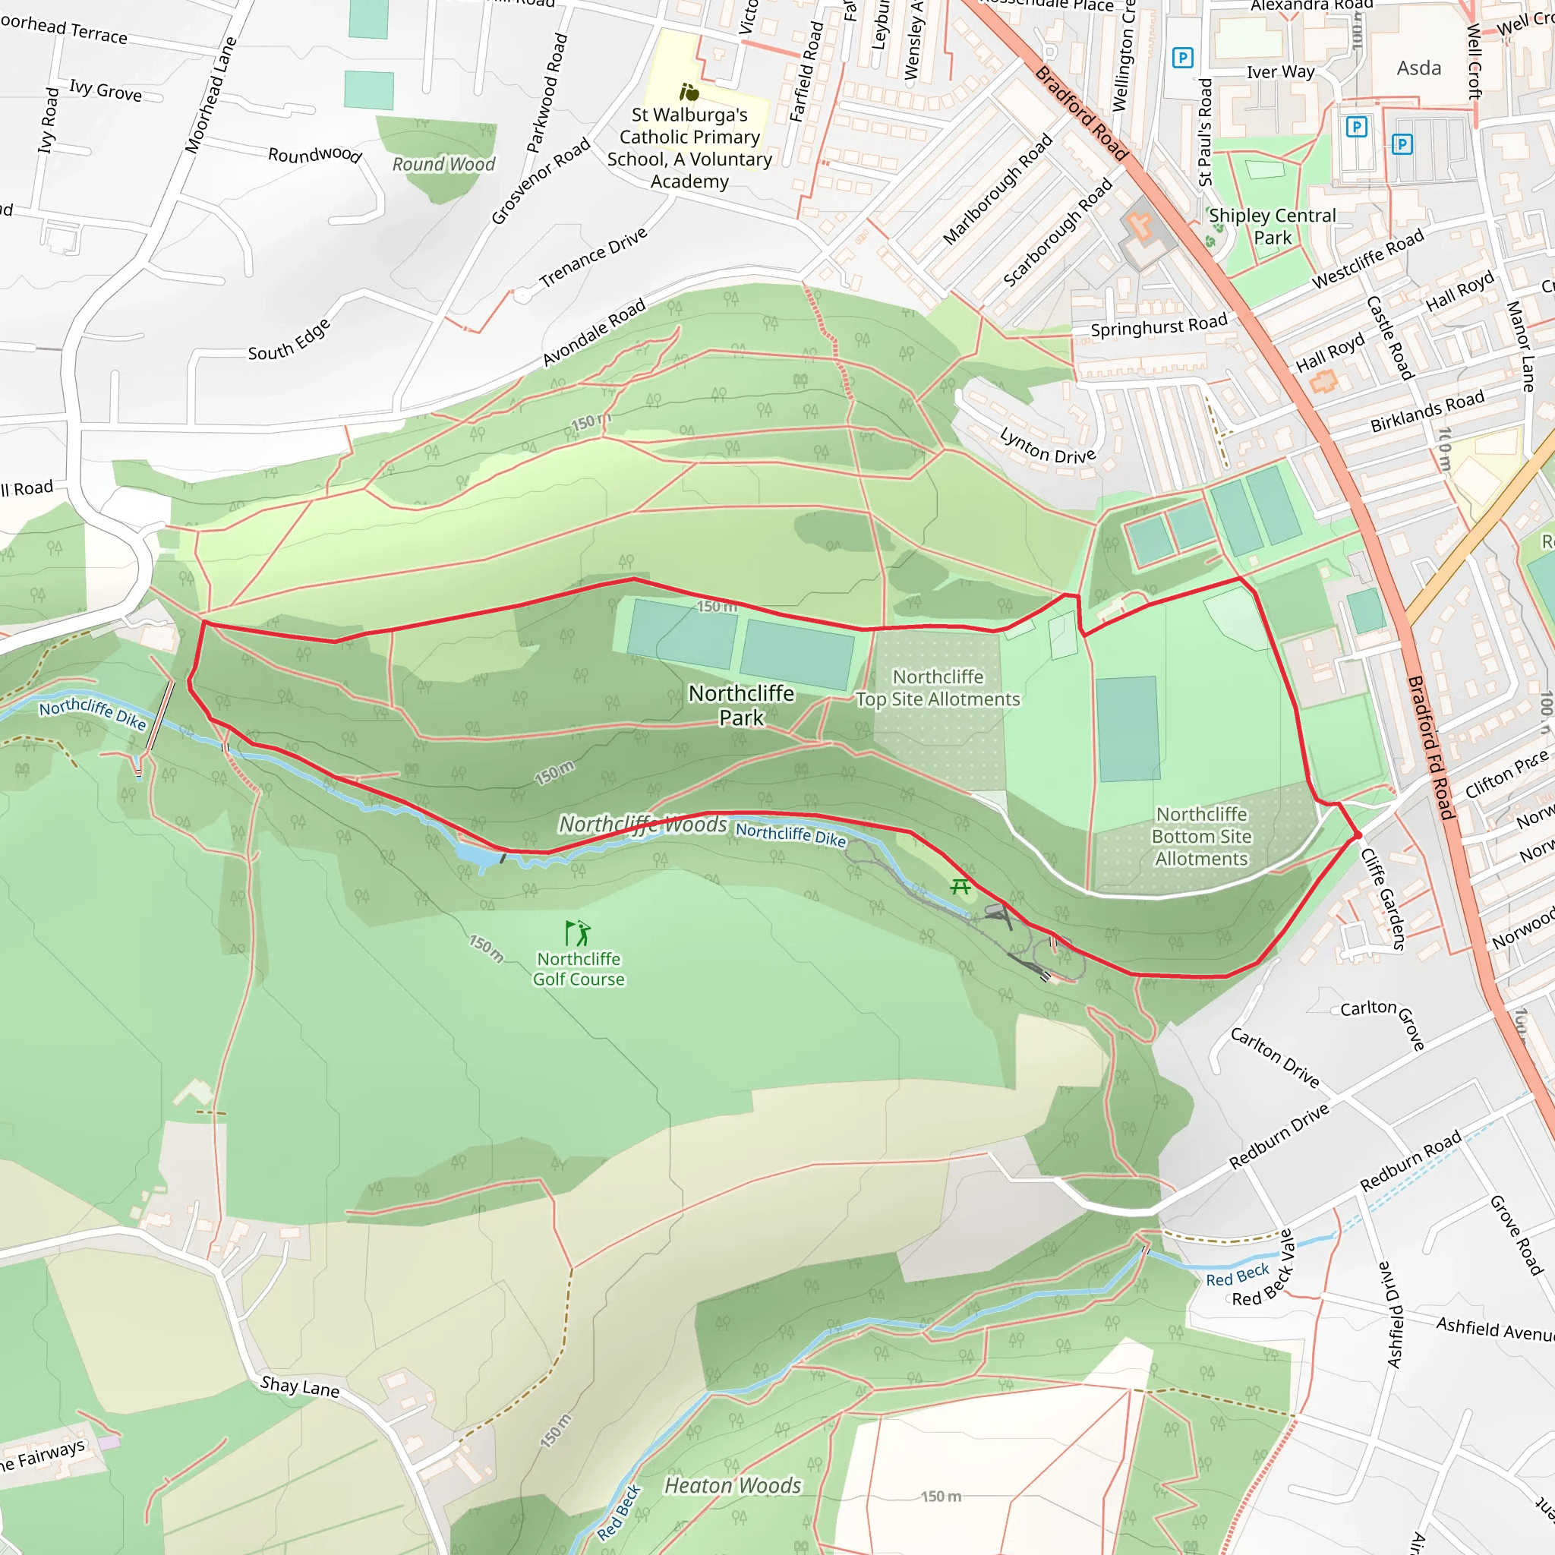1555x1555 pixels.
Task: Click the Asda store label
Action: [1418, 68]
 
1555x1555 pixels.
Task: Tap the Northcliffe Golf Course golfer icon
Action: [577, 933]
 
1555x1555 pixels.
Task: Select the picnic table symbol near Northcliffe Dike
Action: [960, 887]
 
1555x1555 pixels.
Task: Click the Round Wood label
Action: [443, 164]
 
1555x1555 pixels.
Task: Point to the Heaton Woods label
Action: [733, 1485]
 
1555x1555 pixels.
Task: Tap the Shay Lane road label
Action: [299, 1386]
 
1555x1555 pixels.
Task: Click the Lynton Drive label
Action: [1047, 446]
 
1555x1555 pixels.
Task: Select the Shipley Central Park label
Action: [1272, 226]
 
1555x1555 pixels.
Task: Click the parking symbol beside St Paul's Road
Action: [1182, 58]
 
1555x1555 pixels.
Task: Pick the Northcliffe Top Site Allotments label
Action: [938, 688]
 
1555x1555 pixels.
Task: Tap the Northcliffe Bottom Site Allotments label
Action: [1201, 836]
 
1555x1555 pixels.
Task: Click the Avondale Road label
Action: [594, 332]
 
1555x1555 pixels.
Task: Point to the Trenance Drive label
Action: [593, 257]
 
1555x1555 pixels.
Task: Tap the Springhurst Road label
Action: [1158, 326]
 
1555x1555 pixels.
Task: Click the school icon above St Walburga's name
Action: [688, 92]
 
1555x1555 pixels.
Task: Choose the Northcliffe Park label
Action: [741, 705]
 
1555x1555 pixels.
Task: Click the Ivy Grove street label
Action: [106, 90]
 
